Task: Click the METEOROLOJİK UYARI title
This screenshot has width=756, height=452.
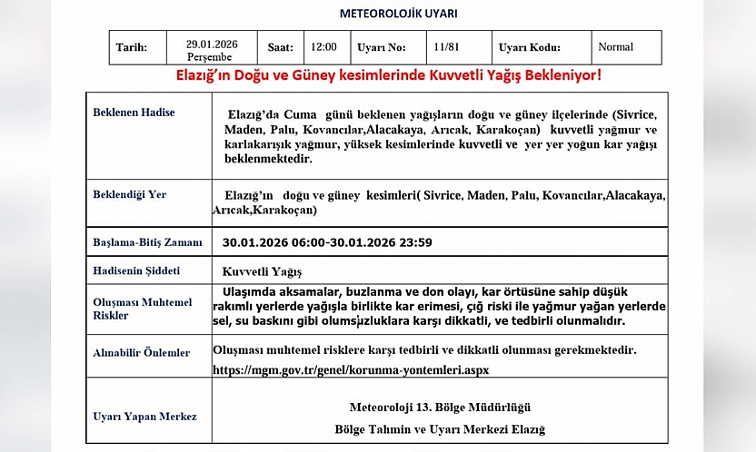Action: pyautogui.click(x=398, y=14)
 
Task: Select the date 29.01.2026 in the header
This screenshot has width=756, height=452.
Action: pyautogui.click(x=211, y=43)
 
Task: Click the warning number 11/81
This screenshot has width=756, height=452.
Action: pyautogui.click(x=446, y=47)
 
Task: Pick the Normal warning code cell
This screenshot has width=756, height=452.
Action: pyautogui.click(x=615, y=47)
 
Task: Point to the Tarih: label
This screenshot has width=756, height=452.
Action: pyautogui.click(x=133, y=48)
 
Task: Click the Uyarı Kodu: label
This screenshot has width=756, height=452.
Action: pyautogui.click(x=530, y=48)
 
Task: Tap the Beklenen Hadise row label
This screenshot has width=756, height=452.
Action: pyautogui.click(x=134, y=113)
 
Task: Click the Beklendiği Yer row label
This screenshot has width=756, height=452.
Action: pyautogui.click(x=130, y=195)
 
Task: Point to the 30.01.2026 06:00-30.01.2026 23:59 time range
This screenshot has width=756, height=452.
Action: pyautogui.click(x=327, y=242)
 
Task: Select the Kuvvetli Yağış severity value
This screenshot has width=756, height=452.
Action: pyautogui.click(x=262, y=271)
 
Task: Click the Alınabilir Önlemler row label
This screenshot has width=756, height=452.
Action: pyautogui.click(x=142, y=353)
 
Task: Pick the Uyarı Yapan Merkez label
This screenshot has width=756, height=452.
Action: pyautogui.click(x=144, y=417)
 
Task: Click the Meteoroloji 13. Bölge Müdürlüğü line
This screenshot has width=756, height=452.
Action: pyautogui.click(x=440, y=406)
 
